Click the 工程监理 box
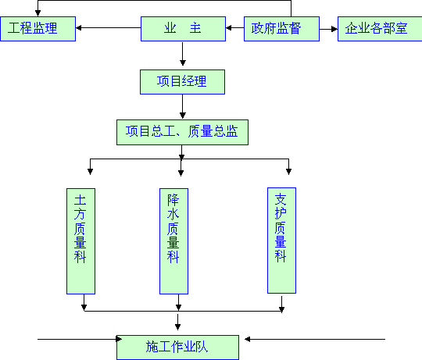(x=38, y=29)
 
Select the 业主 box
(x=183, y=29)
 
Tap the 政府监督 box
(x=281, y=29)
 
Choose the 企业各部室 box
(x=380, y=29)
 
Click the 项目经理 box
(x=182, y=82)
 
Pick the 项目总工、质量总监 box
(x=182, y=132)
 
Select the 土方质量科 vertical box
(x=80, y=241)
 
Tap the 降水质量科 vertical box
(x=173, y=241)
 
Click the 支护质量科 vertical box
(x=281, y=241)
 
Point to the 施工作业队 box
(x=177, y=348)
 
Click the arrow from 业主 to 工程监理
(x=109, y=27)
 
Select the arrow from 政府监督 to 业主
(x=235, y=27)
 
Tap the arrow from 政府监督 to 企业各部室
(x=328, y=29)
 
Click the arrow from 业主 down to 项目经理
(x=182, y=54)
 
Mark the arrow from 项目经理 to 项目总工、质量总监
(x=182, y=107)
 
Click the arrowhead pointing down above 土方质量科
(x=90, y=172)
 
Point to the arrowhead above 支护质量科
(x=288, y=172)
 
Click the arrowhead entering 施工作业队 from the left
(x=119, y=339)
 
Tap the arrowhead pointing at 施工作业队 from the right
(x=248, y=339)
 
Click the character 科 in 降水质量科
(x=173, y=257)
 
